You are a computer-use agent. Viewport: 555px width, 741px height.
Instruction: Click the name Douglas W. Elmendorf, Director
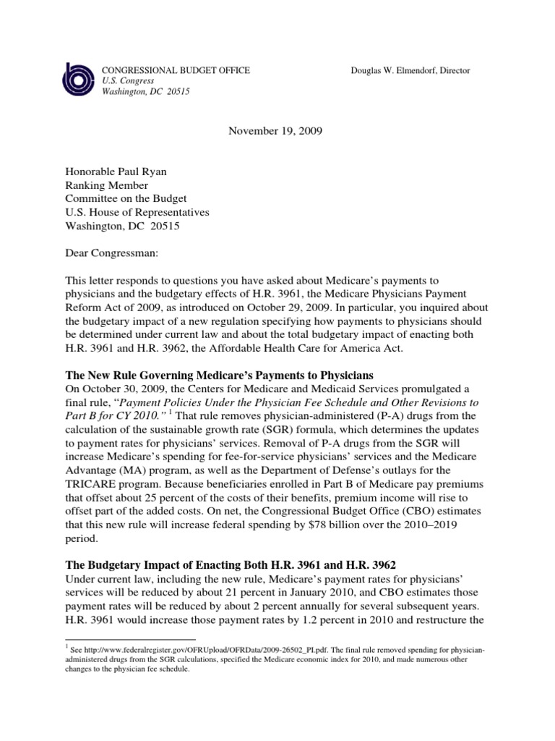click(410, 70)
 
